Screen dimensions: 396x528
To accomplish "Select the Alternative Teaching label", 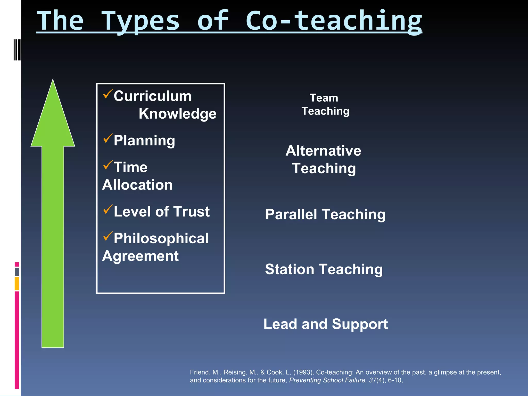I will coord(324,159).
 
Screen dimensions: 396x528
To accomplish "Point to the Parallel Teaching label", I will coord(325,214).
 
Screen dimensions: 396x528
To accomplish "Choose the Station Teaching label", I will coord(324,269).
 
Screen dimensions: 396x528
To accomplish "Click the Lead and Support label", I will coord(325,324).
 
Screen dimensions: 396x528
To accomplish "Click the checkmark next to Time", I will coord(108,165).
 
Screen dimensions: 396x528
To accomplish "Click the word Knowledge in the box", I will coord(177,114).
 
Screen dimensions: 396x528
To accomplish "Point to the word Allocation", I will coord(137,185).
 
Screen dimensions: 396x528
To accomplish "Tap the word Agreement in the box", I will coord(140,256).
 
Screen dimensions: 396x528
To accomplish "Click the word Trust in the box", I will coord(191,212).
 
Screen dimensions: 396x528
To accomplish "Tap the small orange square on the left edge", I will coord(17,284).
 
